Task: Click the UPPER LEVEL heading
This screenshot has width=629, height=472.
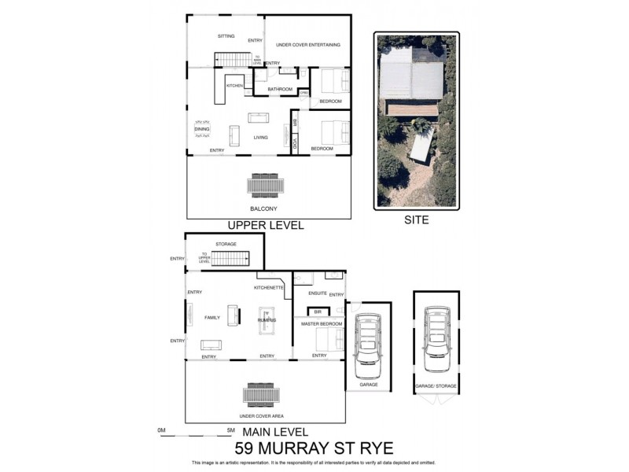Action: click(x=265, y=225)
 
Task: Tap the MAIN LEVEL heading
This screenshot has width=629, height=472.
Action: click(x=274, y=432)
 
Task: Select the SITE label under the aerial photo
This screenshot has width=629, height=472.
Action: click(x=416, y=220)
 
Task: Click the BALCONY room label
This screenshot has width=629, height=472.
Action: click(x=263, y=208)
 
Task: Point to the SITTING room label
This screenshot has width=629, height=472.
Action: click(x=226, y=36)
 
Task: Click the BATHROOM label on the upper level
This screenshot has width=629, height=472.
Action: click(x=280, y=90)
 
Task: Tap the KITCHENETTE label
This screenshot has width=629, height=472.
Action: click(x=268, y=288)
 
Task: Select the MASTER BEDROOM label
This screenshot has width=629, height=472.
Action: click(x=322, y=324)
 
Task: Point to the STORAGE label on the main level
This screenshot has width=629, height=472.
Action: click(x=226, y=244)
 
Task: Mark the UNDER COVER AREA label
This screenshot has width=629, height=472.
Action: click(x=262, y=415)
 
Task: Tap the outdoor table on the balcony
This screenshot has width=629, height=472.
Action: click(x=263, y=186)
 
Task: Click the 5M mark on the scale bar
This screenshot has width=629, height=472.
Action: click(x=230, y=430)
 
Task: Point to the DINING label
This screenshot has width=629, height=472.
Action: click(x=202, y=129)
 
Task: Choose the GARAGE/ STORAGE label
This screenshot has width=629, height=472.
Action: click(x=435, y=385)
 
